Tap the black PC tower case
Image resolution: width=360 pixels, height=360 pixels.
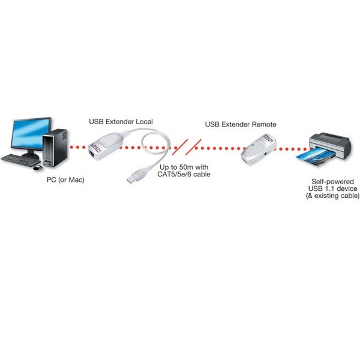tap(55, 148)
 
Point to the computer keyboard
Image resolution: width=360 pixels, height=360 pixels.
tap(20, 160)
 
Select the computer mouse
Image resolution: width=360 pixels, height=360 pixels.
tap(38, 168)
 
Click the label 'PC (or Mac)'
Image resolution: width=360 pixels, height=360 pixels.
tap(65, 179)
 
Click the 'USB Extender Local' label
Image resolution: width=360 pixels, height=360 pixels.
tap(121, 121)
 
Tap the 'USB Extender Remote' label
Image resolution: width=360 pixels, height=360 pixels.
tap(241, 124)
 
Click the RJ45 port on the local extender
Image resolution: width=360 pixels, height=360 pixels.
tap(92, 154)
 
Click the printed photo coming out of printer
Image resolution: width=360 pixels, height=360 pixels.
tap(313, 157)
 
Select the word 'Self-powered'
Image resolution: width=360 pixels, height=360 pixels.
tap(332, 182)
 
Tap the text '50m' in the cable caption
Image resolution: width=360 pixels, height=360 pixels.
tap(185, 167)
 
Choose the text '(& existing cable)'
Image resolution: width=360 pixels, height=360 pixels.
tap(332, 196)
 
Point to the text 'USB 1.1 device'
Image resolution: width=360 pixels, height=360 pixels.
tap(332, 189)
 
